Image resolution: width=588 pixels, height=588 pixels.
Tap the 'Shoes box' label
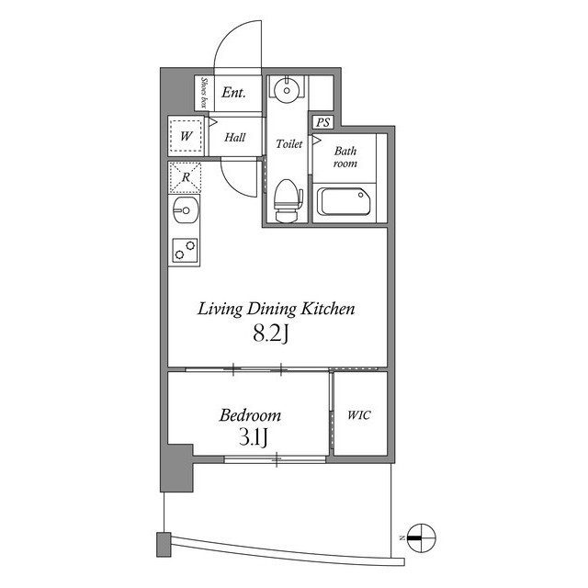[x=202, y=92]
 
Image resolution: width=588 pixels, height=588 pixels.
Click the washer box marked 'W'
[x=187, y=137]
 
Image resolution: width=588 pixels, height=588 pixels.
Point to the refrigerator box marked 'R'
[x=185, y=177]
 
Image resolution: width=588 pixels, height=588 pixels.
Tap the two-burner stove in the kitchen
[x=185, y=249]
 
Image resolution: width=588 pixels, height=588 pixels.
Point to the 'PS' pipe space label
[x=322, y=122]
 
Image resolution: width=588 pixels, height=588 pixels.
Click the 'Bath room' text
[x=345, y=157]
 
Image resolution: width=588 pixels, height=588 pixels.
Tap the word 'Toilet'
[x=288, y=144]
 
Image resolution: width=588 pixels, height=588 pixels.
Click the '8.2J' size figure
[x=272, y=334]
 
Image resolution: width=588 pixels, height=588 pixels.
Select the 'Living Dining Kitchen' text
[x=277, y=310]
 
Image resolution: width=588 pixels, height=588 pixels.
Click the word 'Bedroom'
[x=249, y=416]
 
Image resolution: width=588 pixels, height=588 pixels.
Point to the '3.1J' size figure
[x=249, y=437]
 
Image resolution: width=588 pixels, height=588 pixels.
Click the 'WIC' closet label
[x=358, y=415]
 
